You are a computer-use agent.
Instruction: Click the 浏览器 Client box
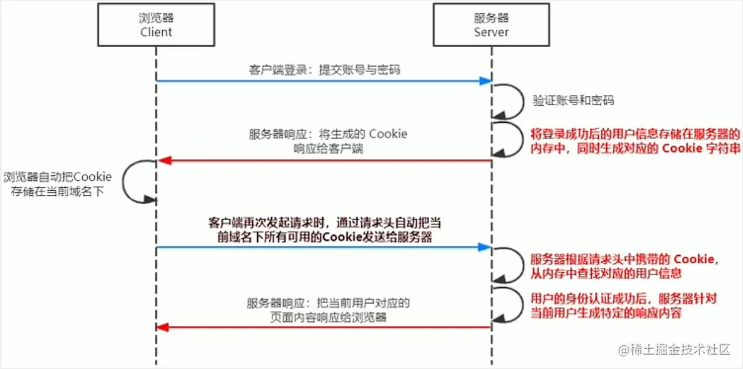(x=156, y=25)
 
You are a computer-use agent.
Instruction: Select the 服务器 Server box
(x=491, y=25)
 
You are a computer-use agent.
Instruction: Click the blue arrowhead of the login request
(x=485, y=81)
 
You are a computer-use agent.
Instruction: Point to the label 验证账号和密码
(x=572, y=101)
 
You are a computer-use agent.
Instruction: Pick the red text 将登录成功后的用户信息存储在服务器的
(x=635, y=133)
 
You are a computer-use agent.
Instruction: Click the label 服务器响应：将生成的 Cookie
(x=328, y=134)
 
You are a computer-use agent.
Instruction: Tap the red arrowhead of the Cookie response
(x=164, y=161)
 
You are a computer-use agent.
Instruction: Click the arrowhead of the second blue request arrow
(x=485, y=247)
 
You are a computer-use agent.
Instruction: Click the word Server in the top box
(x=491, y=32)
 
